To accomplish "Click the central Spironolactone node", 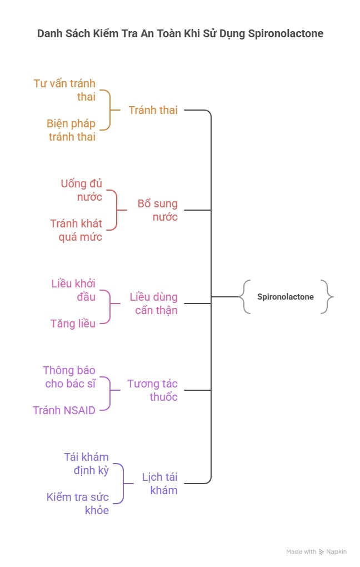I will coord(285,297).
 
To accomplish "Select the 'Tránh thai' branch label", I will coord(153,110).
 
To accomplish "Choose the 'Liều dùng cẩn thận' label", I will coord(153,304).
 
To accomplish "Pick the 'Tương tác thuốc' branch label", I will coord(152,390).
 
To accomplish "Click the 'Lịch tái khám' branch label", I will coord(159,484).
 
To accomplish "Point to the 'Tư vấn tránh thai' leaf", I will coord(64,90).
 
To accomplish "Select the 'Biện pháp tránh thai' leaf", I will coord(71,130).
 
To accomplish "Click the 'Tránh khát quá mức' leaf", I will coord(76,230).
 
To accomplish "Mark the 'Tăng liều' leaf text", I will coord(73,324).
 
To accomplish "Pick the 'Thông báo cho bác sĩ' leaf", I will coord(69,377).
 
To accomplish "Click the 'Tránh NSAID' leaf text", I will coord(64,410).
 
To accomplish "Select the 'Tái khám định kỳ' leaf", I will coord(86,464).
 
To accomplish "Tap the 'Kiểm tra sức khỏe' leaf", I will coord(78,504).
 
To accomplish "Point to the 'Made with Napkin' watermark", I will coord(316,551).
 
